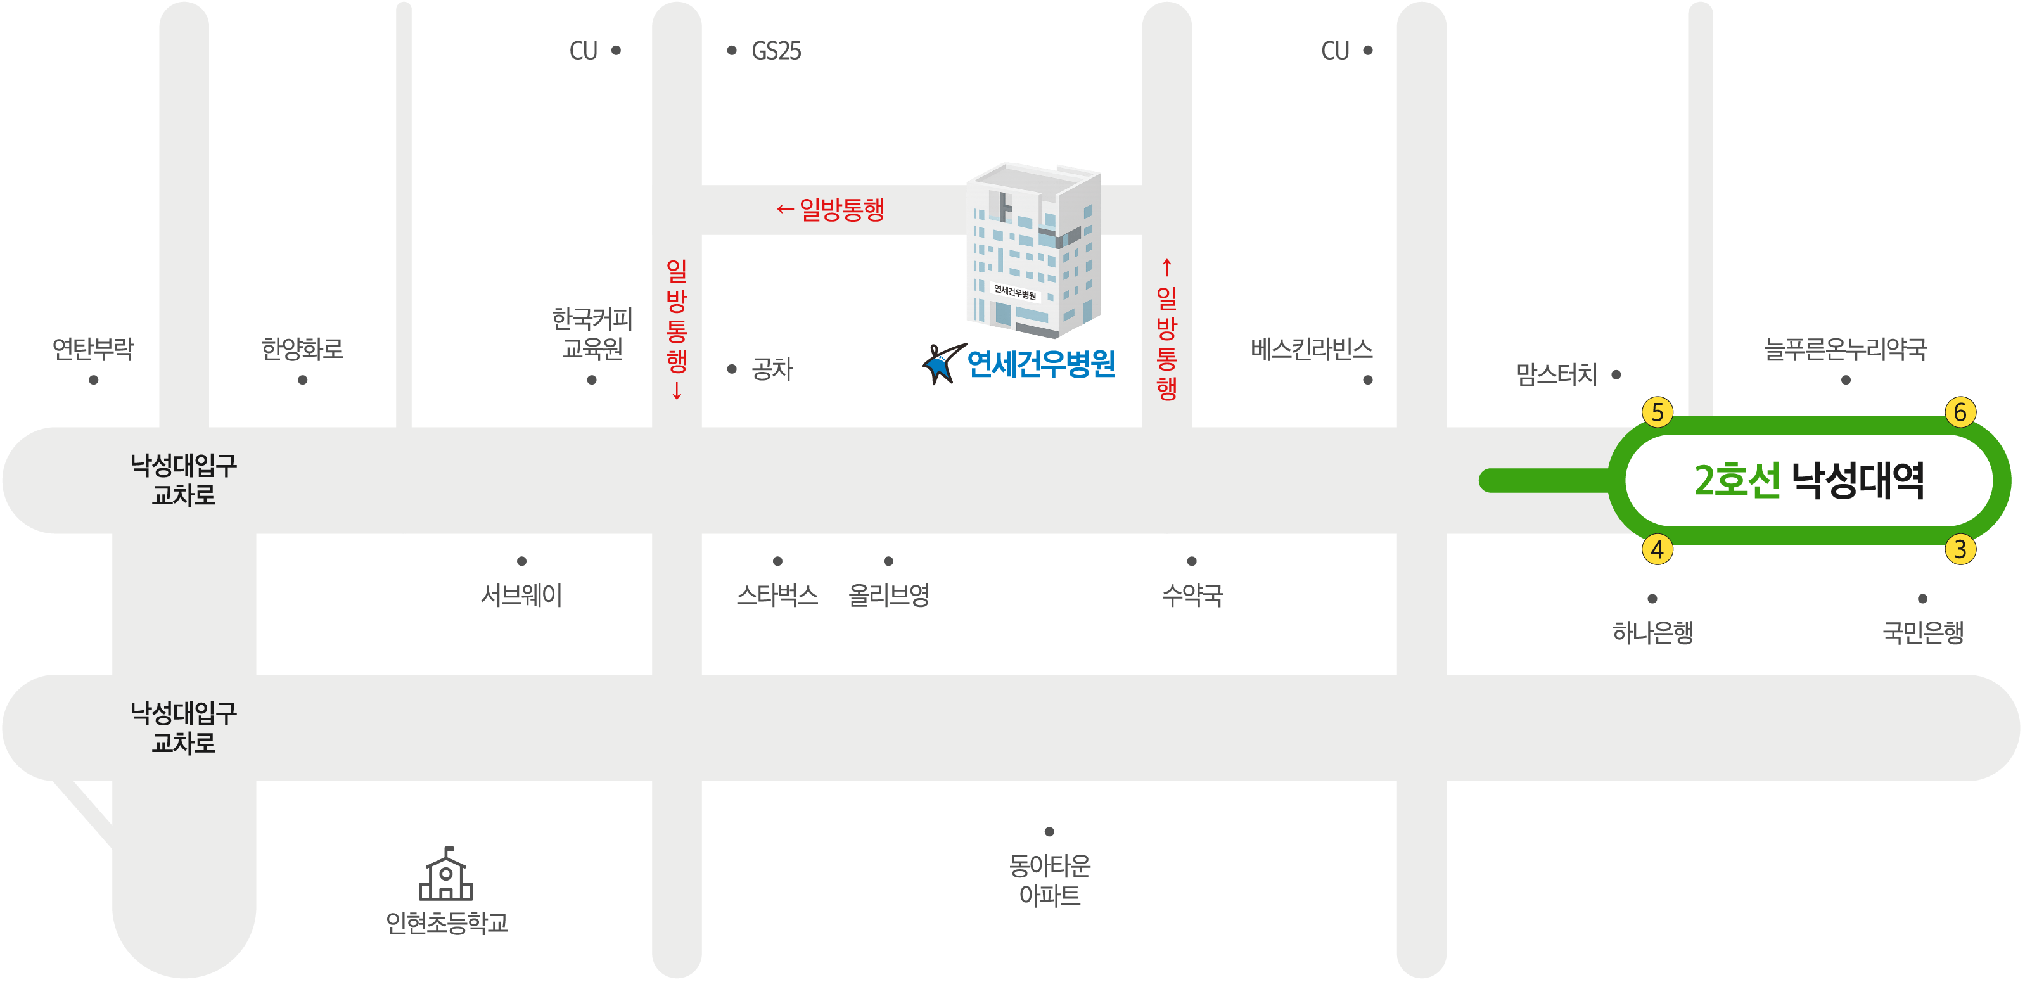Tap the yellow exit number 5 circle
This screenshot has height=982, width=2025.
click(x=1657, y=412)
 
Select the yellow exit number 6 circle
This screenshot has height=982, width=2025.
click(x=1960, y=412)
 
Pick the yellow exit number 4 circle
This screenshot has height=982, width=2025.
click(x=1657, y=549)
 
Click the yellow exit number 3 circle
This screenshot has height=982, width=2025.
click(x=1960, y=549)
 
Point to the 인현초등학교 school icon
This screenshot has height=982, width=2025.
click(x=445, y=874)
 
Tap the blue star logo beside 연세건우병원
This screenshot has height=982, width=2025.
click(x=943, y=363)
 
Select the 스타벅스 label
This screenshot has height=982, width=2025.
click(x=777, y=595)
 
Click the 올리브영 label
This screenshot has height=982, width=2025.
click(x=888, y=595)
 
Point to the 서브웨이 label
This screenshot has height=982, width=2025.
click(x=521, y=595)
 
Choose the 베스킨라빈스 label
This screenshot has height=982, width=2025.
click(x=1311, y=349)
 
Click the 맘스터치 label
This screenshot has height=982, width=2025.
click(x=1557, y=374)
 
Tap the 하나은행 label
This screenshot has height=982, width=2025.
click(x=1652, y=632)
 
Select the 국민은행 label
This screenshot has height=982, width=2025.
click(x=1923, y=632)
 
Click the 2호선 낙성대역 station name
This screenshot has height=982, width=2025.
click(x=1809, y=480)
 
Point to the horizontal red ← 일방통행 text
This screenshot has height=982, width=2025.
click(x=830, y=209)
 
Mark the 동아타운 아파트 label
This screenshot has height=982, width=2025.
click(x=1049, y=881)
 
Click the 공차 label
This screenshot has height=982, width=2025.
click(x=772, y=369)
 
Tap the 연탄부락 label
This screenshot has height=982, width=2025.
click(x=93, y=349)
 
